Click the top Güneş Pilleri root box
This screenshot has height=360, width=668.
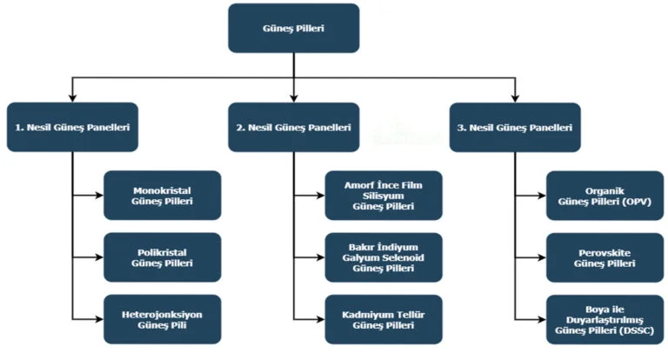293,28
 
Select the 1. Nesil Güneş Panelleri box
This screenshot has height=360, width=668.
72,127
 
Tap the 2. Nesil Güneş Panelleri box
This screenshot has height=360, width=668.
293,127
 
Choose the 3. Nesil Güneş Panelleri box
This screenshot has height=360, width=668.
515,127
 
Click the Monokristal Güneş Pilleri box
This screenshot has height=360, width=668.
163,195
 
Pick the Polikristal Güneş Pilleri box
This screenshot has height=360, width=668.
163,257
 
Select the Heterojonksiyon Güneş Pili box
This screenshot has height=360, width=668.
163,319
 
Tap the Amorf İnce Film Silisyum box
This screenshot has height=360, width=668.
384,195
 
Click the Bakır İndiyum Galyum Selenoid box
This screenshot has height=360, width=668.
384,257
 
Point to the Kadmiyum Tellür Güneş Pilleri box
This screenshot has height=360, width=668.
384,319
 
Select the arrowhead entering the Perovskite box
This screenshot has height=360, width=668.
542,257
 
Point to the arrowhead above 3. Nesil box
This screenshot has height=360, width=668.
515,97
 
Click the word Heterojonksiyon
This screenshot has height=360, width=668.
163,313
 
